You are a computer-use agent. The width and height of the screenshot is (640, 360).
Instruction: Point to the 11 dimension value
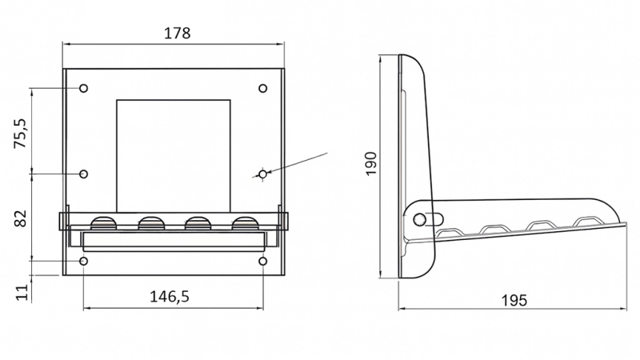[x=22, y=290]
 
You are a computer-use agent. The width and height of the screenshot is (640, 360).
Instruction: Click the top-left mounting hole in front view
[x=84, y=88]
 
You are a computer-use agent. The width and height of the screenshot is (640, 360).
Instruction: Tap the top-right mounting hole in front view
[x=263, y=88]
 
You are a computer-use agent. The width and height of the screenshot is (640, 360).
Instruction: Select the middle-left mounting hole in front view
[x=84, y=174]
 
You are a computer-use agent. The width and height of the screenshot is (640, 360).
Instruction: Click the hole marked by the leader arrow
[x=262, y=173]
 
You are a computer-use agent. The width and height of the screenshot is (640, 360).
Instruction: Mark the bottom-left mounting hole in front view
[x=84, y=261]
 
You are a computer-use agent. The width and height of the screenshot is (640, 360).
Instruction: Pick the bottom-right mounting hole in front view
[x=263, y=261]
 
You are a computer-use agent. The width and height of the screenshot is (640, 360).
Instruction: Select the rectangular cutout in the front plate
[x=174, y=152]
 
